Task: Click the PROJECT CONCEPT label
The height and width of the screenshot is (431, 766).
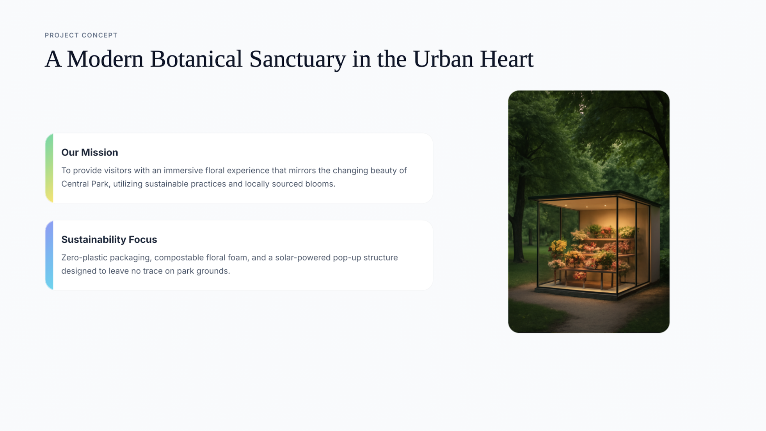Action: pyautogui.click(x=81, y=35)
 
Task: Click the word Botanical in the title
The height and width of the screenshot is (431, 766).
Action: pyautogui.click(x=196, y=59)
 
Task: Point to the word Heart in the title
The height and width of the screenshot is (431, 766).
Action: pyautogui.click(x=507, y=59)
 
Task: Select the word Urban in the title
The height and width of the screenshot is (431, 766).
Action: pyautogui.click(x=443, y=59)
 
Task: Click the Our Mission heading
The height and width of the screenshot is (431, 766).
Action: pyautogui.click(x=90, y=152)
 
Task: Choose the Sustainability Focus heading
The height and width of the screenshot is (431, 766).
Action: pyautogui.click(x=109, y=239)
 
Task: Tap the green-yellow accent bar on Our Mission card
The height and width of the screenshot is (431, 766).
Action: pyautogui.click(x=49, y=168)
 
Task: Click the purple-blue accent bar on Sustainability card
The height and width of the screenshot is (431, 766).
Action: pyautogui.click(x=49, y=255)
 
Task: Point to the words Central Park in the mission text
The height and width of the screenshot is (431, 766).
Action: pyautogui.click(x=85, y=184)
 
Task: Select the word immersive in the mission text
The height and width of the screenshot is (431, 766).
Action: pyautogui.click(x=183, y=171)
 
